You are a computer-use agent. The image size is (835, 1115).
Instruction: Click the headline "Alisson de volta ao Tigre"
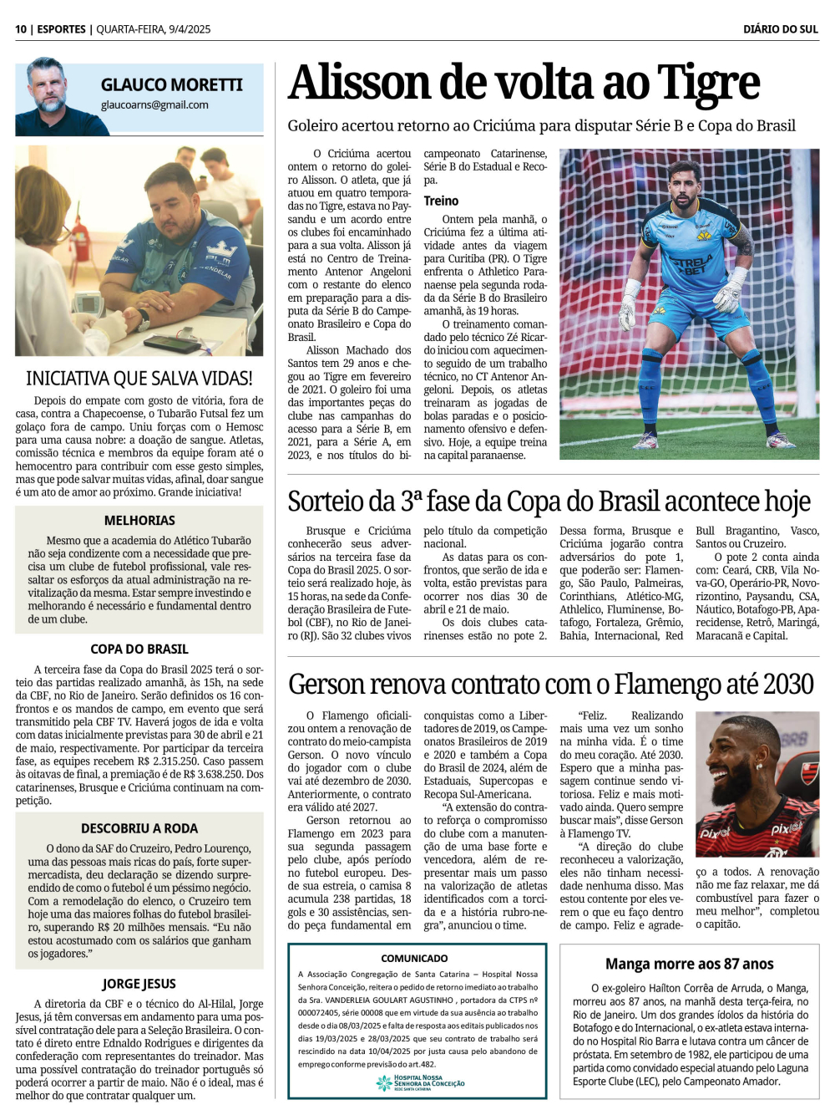[x=524, y=84]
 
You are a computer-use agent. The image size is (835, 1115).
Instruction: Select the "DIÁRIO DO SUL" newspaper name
[x=780, y=29]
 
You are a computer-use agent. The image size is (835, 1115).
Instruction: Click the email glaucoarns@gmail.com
[x=154, y=105]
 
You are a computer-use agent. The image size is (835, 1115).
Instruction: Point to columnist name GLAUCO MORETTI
[x=171, y=85]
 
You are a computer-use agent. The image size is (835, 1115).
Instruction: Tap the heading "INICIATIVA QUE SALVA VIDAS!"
[x=139, y=379]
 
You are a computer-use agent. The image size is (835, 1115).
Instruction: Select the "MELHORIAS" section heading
[x=139, y=520]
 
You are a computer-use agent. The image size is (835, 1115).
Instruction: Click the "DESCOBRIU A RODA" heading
[x=139, y=828]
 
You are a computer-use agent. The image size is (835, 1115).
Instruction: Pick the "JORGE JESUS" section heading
[x=139, y=984]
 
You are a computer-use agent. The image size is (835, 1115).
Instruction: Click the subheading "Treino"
[x=441, y=201]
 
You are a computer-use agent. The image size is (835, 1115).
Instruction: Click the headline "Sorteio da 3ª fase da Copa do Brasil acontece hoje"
[x=549, y=501]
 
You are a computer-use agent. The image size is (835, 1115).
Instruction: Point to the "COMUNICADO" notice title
[x=414, y=958]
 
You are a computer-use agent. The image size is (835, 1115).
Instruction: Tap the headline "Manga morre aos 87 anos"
[x=689, y=964]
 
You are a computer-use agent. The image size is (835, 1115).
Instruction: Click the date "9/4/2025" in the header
[x=190, y=29]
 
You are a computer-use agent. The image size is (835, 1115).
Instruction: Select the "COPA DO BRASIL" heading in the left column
[x=139, y=649]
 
